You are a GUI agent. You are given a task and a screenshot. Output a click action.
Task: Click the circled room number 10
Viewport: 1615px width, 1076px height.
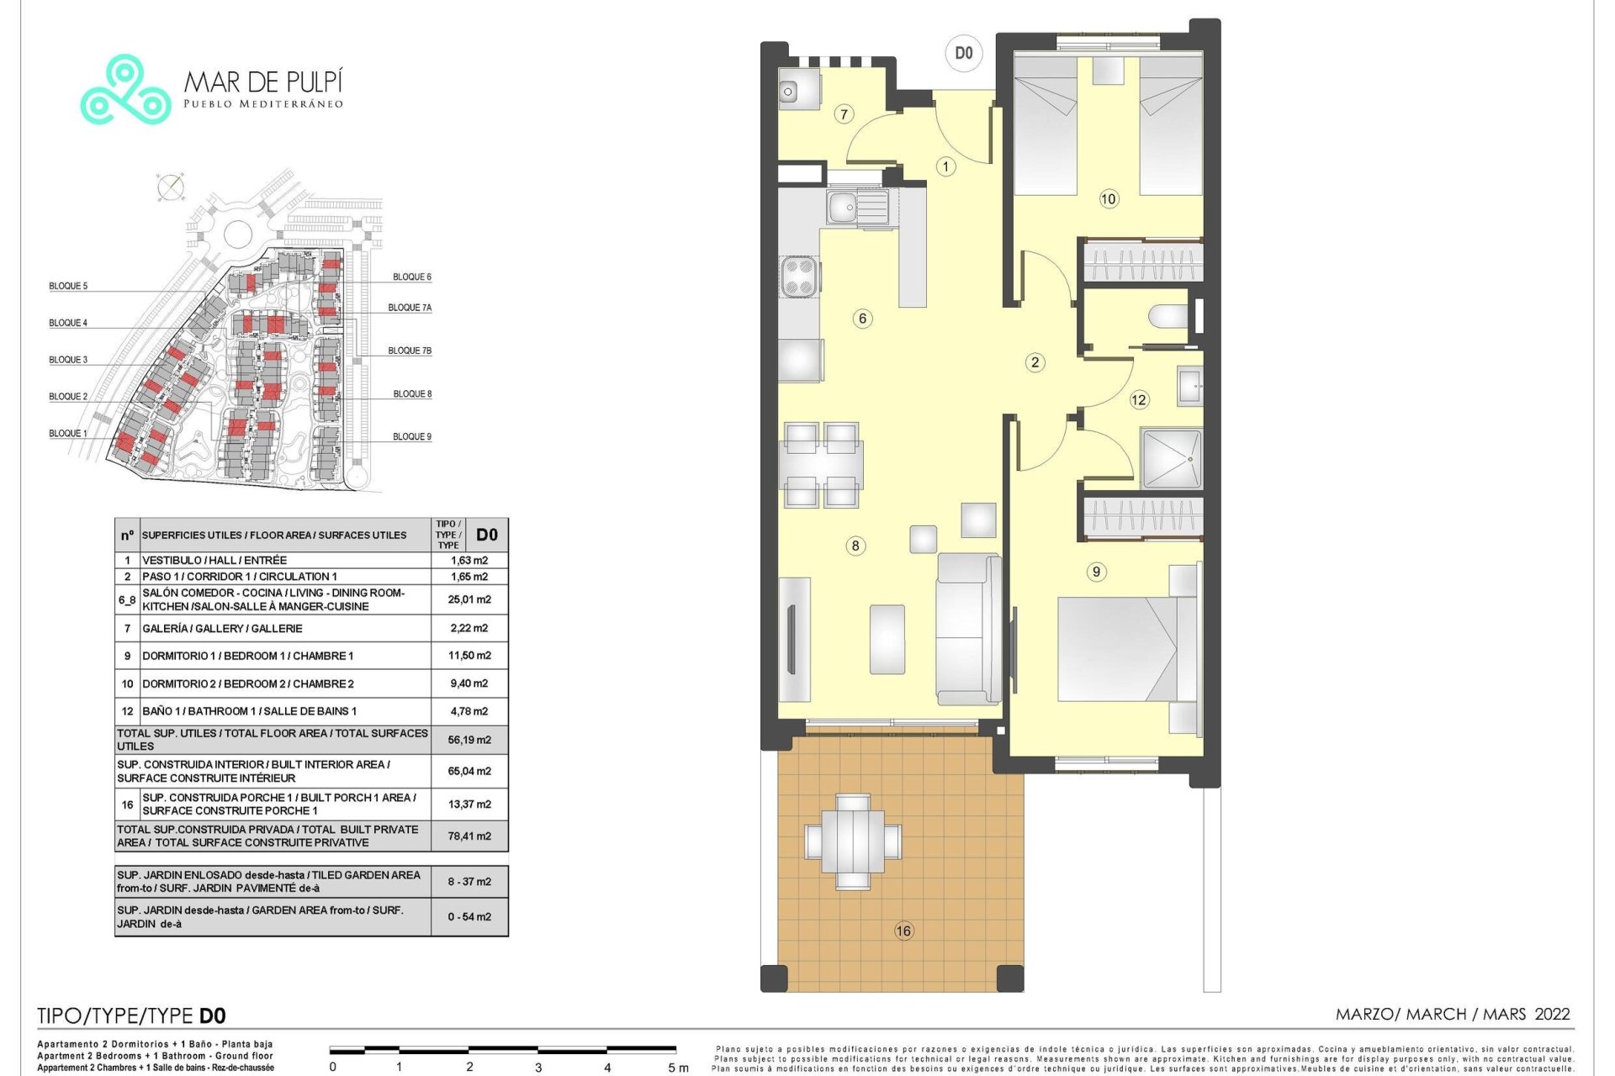1109,199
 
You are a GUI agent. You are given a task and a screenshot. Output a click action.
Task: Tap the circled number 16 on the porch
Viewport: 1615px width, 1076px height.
903,931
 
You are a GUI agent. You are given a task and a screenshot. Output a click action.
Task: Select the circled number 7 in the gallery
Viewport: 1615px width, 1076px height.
844,114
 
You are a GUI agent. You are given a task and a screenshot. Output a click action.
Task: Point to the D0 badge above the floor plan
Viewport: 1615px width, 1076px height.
964,53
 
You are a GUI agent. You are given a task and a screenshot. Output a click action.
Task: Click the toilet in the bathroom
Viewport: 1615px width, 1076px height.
1169,317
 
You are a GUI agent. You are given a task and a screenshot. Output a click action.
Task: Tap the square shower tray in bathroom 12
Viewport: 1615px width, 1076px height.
1171,459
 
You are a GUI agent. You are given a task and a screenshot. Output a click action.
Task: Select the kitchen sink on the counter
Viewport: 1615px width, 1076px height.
857,207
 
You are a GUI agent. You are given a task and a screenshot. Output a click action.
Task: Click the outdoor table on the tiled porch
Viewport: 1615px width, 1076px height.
853,841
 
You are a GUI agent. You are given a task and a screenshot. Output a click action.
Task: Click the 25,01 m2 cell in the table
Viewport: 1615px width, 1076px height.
469,599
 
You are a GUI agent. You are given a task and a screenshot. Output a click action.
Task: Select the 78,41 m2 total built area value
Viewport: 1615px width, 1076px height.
469,836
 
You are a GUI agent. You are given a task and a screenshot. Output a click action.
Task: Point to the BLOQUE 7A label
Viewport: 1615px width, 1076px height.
410,308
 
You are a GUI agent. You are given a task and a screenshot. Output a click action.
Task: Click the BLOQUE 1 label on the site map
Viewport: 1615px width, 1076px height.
68,434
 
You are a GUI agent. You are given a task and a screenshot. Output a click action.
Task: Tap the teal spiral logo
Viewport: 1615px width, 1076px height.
125,90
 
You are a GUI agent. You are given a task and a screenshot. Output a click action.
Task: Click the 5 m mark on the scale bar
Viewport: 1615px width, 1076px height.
678,1068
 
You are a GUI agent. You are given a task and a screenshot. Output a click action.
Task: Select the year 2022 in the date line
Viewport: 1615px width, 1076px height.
1552,1014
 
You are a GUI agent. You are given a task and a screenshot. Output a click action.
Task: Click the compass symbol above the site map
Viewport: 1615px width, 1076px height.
171,187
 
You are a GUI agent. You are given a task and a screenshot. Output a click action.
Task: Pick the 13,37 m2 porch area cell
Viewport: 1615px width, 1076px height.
469,804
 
